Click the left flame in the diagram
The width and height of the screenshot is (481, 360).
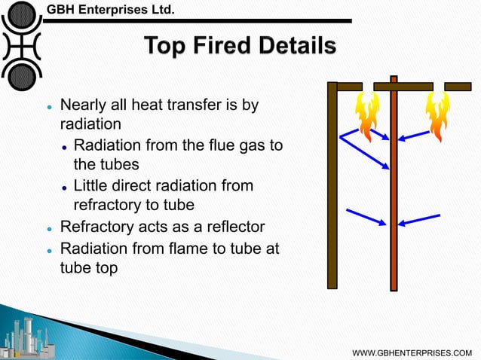pos(368,115)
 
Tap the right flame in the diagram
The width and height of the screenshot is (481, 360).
pos(437,115)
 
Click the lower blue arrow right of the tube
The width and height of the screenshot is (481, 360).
pos(420,219)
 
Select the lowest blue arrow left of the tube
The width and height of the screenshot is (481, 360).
pos(366,216)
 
